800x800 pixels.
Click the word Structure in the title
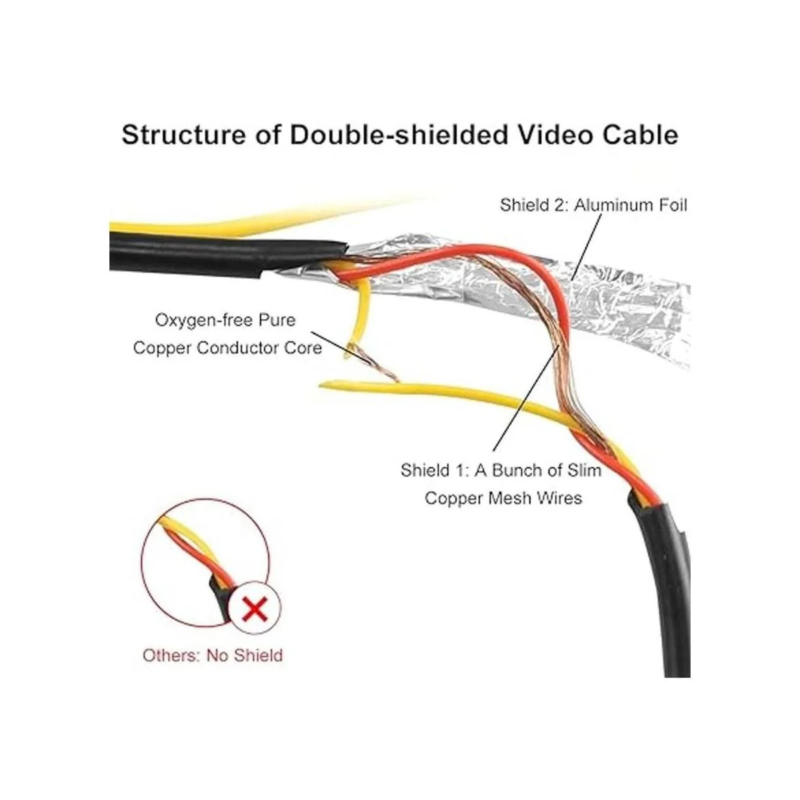183,135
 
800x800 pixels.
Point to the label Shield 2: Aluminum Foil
594,205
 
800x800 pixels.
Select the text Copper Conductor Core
227,347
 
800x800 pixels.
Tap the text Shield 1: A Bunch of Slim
501,470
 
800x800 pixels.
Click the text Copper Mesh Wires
503,497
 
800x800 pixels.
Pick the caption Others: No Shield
213,655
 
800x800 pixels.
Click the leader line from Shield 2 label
586,247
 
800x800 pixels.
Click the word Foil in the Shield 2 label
673,205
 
